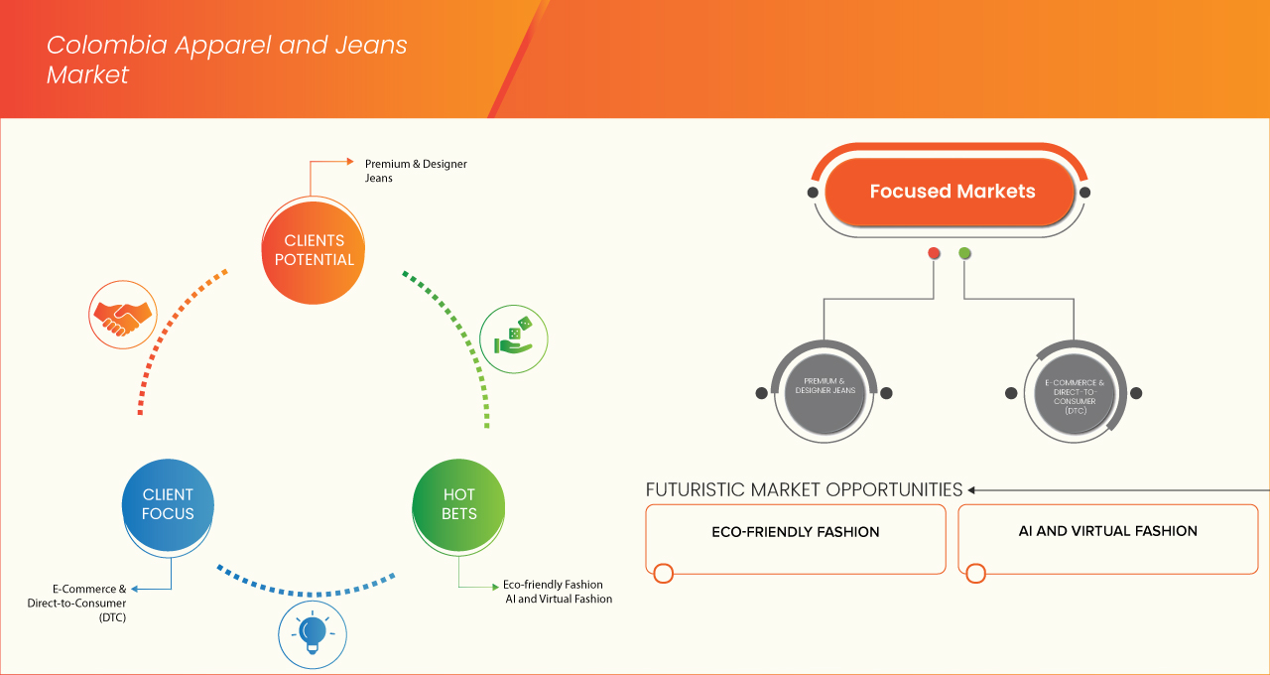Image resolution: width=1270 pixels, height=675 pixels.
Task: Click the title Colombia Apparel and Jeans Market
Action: click(x=226, y=60)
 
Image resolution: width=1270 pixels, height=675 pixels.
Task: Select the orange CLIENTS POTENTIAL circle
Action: click(x=313, y=250)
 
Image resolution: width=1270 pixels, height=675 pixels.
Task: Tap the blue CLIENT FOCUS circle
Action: click(x=168, y=504)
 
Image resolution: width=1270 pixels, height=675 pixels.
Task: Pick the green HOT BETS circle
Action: click(x=458, y=504)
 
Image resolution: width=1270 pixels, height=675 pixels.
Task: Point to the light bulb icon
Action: click(x=312, y=632)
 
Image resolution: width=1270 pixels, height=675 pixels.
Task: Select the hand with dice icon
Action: click(x=513, y=337)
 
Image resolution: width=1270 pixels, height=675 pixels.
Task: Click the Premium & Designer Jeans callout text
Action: click(x=415, y=171)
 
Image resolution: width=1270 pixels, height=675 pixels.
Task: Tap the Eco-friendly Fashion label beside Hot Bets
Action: click(x=553, y=585)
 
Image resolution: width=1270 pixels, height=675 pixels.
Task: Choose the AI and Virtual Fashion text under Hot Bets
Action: click(x=558, y=600)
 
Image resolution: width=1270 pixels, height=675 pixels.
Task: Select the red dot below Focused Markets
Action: click(x=934, y=254)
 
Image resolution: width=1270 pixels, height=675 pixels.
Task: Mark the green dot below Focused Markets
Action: click(x=964, y=254)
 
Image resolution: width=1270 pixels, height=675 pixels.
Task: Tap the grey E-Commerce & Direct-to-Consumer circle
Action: click(x=1074, y=392)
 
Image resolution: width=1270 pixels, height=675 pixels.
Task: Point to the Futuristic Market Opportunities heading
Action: click(x=804, y=489)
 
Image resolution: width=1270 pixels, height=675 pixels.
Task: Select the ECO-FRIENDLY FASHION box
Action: click(x=795, y=539)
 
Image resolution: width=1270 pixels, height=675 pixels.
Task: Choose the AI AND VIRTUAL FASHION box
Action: click(x=1107, y=539)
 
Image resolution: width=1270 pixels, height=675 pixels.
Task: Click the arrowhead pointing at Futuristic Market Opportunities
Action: click(x=972, y=489)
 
